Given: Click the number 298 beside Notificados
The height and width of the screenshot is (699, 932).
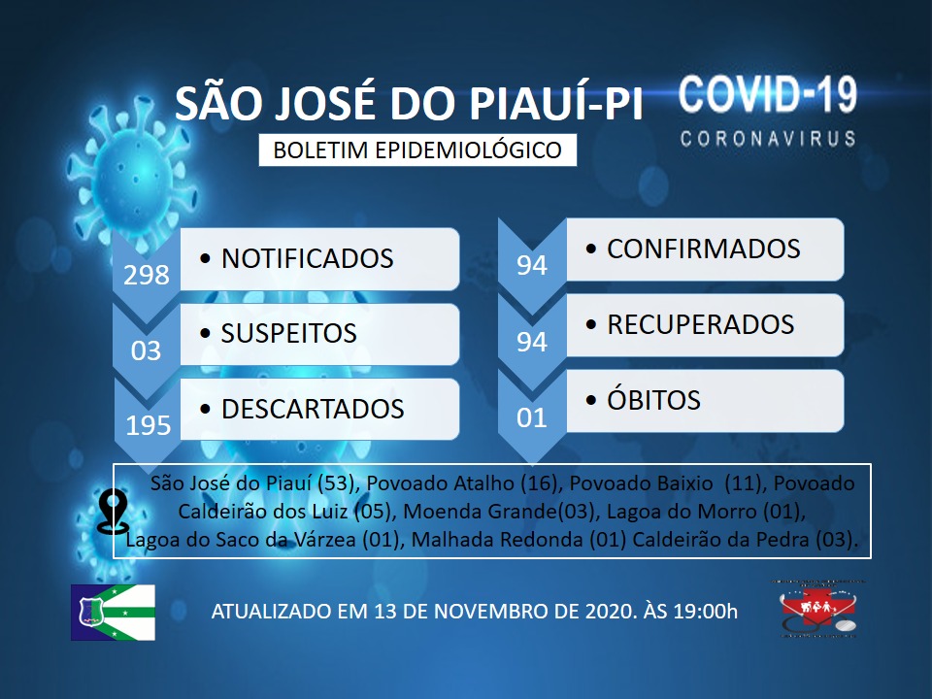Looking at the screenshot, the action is point(147,275).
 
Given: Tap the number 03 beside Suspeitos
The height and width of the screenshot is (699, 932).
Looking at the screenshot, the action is point(147,350).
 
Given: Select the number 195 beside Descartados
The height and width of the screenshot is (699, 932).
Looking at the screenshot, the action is point(148,425).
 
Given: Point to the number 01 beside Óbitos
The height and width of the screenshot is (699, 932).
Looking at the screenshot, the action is point(531,417).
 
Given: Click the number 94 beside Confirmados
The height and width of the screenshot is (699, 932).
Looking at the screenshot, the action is point(531,265).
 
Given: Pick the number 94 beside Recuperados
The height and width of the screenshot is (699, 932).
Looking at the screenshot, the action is point(531,342).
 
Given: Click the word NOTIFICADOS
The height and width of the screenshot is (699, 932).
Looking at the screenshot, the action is point(308,258).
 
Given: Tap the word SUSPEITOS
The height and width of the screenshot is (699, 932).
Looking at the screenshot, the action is point(289,333).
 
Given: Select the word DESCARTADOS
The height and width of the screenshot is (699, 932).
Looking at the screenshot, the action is point(313,409).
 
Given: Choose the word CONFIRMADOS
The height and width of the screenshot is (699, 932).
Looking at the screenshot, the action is point(703,250).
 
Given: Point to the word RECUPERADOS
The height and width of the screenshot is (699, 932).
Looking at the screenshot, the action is point(700,324).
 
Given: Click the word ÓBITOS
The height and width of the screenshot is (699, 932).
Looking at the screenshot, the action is point(653,400).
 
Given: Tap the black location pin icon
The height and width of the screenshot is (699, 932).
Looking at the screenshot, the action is point(113,512).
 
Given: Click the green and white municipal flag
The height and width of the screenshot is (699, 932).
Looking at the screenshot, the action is point(113,613).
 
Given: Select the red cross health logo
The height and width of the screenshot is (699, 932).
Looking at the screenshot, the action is point(818,610).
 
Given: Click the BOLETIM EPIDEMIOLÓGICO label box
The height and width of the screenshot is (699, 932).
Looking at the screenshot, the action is point(417,150).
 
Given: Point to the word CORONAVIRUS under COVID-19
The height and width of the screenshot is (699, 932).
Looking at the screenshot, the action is point(768,139).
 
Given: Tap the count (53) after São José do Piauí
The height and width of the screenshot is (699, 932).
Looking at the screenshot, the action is point(336,483).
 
